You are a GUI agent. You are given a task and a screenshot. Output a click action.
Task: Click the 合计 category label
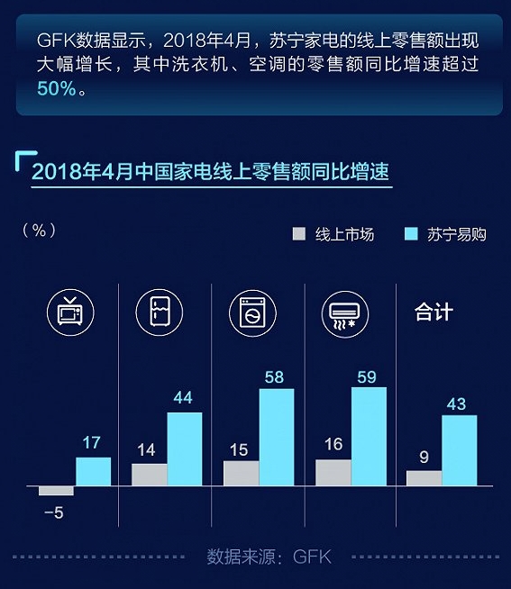433,313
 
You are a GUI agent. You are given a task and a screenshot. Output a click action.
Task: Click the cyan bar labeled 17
93,471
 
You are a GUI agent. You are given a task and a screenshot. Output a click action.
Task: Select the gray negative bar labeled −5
56,491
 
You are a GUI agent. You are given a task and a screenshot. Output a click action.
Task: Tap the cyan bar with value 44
185,449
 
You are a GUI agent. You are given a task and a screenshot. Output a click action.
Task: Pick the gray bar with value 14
149,475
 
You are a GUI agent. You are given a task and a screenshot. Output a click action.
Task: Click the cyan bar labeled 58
277,437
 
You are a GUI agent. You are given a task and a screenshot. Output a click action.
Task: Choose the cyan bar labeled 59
369,436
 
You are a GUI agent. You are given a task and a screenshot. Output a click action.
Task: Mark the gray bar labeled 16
333,473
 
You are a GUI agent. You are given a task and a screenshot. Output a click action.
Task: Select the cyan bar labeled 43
460,450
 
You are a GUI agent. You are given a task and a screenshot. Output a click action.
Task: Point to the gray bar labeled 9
424,478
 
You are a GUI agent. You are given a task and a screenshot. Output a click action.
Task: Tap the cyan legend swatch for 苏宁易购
411,234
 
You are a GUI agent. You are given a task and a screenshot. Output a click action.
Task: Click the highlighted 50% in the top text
57,88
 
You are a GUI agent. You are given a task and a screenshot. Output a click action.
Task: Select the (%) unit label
39,230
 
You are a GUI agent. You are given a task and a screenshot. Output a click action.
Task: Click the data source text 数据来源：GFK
269,557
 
